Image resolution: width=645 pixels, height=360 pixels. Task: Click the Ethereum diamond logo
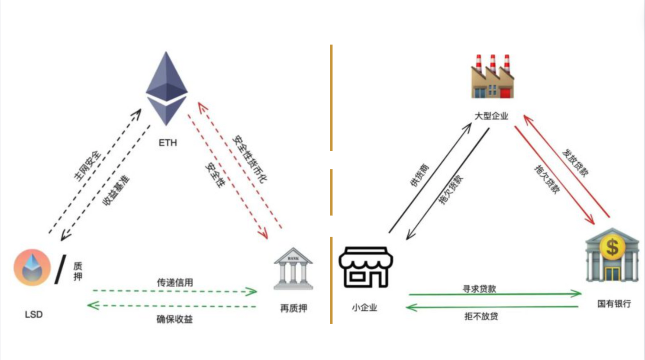click(x=167, y=89)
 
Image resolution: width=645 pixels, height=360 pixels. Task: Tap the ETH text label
click(x=168, y=143)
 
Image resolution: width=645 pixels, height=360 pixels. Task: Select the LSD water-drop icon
click(x=32, y=267)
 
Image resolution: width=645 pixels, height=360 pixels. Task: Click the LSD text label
click(x=34, y=315)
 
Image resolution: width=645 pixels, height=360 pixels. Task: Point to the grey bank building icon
click(x=293, y=269)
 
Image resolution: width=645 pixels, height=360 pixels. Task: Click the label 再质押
click(x=293, y=309)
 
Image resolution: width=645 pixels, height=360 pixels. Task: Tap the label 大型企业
click(x=491, y=116)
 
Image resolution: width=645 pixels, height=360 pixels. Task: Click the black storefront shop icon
click(x=366, y=267)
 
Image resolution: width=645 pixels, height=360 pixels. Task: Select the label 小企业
click(x=364, y=308)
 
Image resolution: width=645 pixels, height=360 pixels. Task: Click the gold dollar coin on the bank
click(x=612, y=247)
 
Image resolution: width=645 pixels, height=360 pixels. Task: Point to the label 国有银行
click(x=614, y=304)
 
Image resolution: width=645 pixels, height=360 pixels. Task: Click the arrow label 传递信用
click(x=175, y=283)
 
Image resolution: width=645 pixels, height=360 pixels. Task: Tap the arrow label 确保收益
click(x=174, y=319)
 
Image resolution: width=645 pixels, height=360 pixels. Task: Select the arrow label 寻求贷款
click(x=479, y=289)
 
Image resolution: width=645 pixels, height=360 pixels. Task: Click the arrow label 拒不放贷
click(x=481, y=316)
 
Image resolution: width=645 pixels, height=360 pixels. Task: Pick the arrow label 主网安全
click(x=87, y=166)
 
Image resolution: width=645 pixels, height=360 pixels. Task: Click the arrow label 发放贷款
click(x=575, y=163)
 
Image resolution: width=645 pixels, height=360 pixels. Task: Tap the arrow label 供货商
click(x=419, y=175)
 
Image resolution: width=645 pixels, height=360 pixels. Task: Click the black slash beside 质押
click(x=60, y=269)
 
